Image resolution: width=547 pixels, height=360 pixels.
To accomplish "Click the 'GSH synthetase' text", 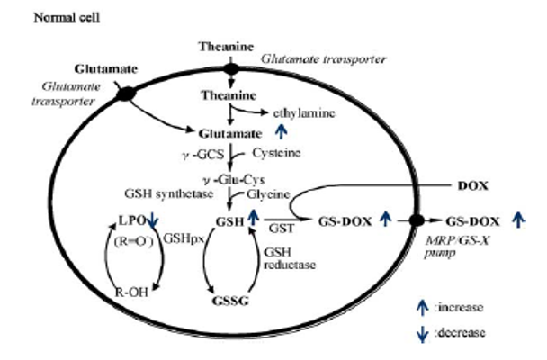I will (164, 193).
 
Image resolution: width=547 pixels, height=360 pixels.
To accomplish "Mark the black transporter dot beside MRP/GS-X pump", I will (417, 220).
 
